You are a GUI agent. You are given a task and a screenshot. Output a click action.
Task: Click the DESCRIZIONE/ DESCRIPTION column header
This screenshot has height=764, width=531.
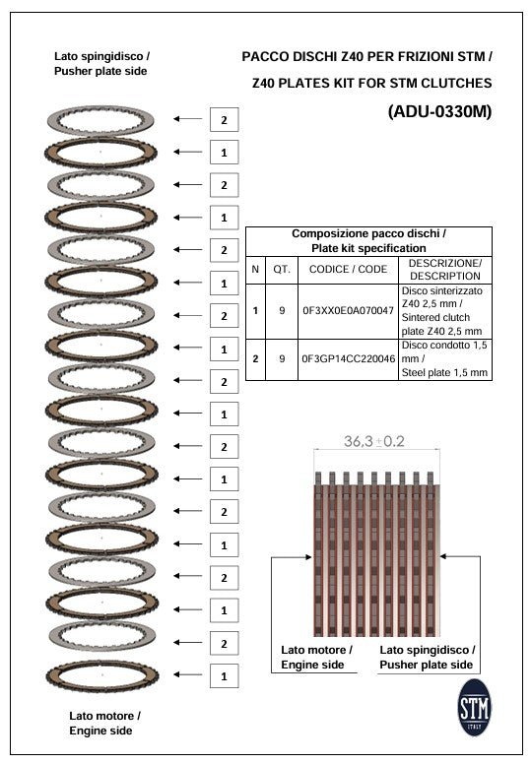(445, 270)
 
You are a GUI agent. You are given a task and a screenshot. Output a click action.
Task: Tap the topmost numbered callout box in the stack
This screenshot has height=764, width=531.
(224, 119)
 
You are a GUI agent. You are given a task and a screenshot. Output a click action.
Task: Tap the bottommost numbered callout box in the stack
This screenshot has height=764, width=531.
(224, 676)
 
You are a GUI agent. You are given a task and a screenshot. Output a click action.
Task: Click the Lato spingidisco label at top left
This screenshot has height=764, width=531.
(102, 65)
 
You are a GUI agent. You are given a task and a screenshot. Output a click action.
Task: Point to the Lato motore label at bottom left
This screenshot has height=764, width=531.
(104, 723)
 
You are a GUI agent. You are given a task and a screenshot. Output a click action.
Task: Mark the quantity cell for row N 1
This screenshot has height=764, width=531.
(281, 311)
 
